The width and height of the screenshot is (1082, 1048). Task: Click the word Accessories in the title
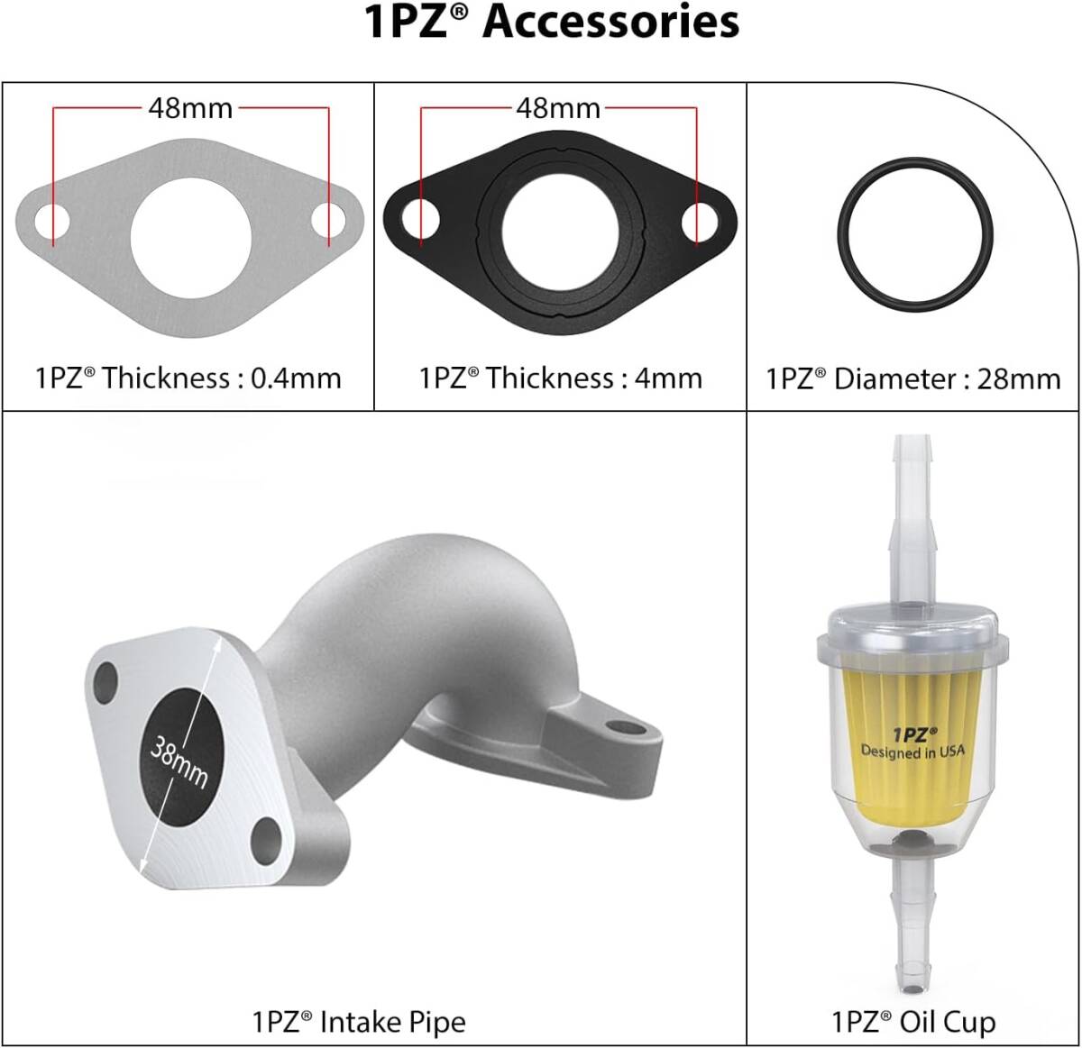[610, 23]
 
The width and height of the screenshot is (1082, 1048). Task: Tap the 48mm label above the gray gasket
[191, 108]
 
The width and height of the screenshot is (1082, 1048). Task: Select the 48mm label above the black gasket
[558, 108]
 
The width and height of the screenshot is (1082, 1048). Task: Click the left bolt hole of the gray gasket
[51, 221]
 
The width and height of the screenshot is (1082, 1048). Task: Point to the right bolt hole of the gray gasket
[328, 221]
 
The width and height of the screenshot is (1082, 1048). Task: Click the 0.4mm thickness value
[296, 378]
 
